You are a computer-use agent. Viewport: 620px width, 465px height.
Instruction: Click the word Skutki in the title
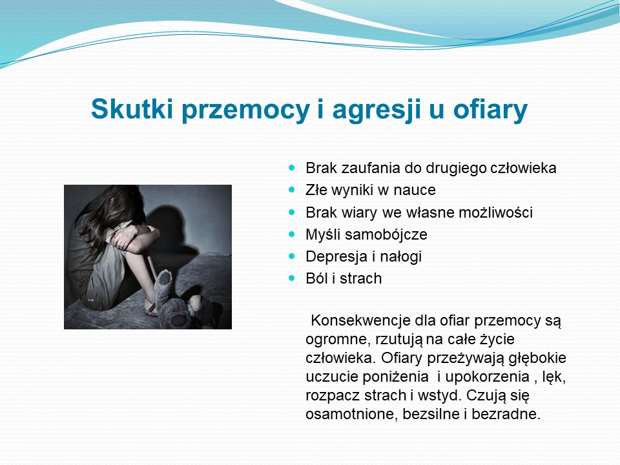click(x=132, y=108)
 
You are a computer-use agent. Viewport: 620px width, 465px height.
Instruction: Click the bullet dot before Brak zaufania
click(x=292, y=168)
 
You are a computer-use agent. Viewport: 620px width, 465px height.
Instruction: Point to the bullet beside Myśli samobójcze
click(x=292, y=234)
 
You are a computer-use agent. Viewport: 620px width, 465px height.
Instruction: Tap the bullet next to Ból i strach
click(x=292, y=278)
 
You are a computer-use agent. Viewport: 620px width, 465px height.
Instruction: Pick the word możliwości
click(x=495, y=212)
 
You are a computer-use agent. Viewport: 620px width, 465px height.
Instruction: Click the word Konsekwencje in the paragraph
click(x=360, y=320)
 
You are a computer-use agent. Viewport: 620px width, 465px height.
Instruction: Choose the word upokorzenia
click(x=488, y=377)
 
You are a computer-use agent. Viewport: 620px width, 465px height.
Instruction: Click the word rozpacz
click(x=332, y=396)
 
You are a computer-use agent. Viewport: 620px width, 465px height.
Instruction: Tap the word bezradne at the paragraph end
click(x=506, y=415)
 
